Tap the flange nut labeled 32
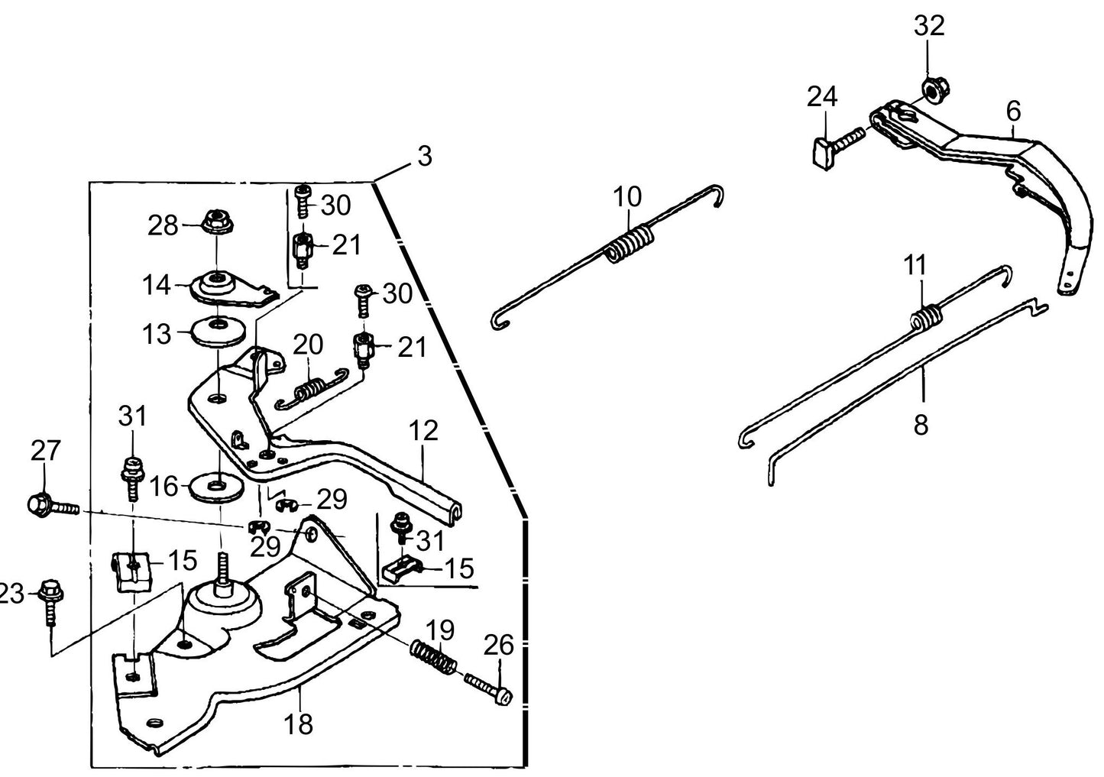(x=931, y=89)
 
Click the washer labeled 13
(x=219, y=329)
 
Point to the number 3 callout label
(x=424, y=156)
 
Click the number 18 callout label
(x=299, y=723)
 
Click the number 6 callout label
(x=1012, y=111)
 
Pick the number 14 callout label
(x=157, y=287)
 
